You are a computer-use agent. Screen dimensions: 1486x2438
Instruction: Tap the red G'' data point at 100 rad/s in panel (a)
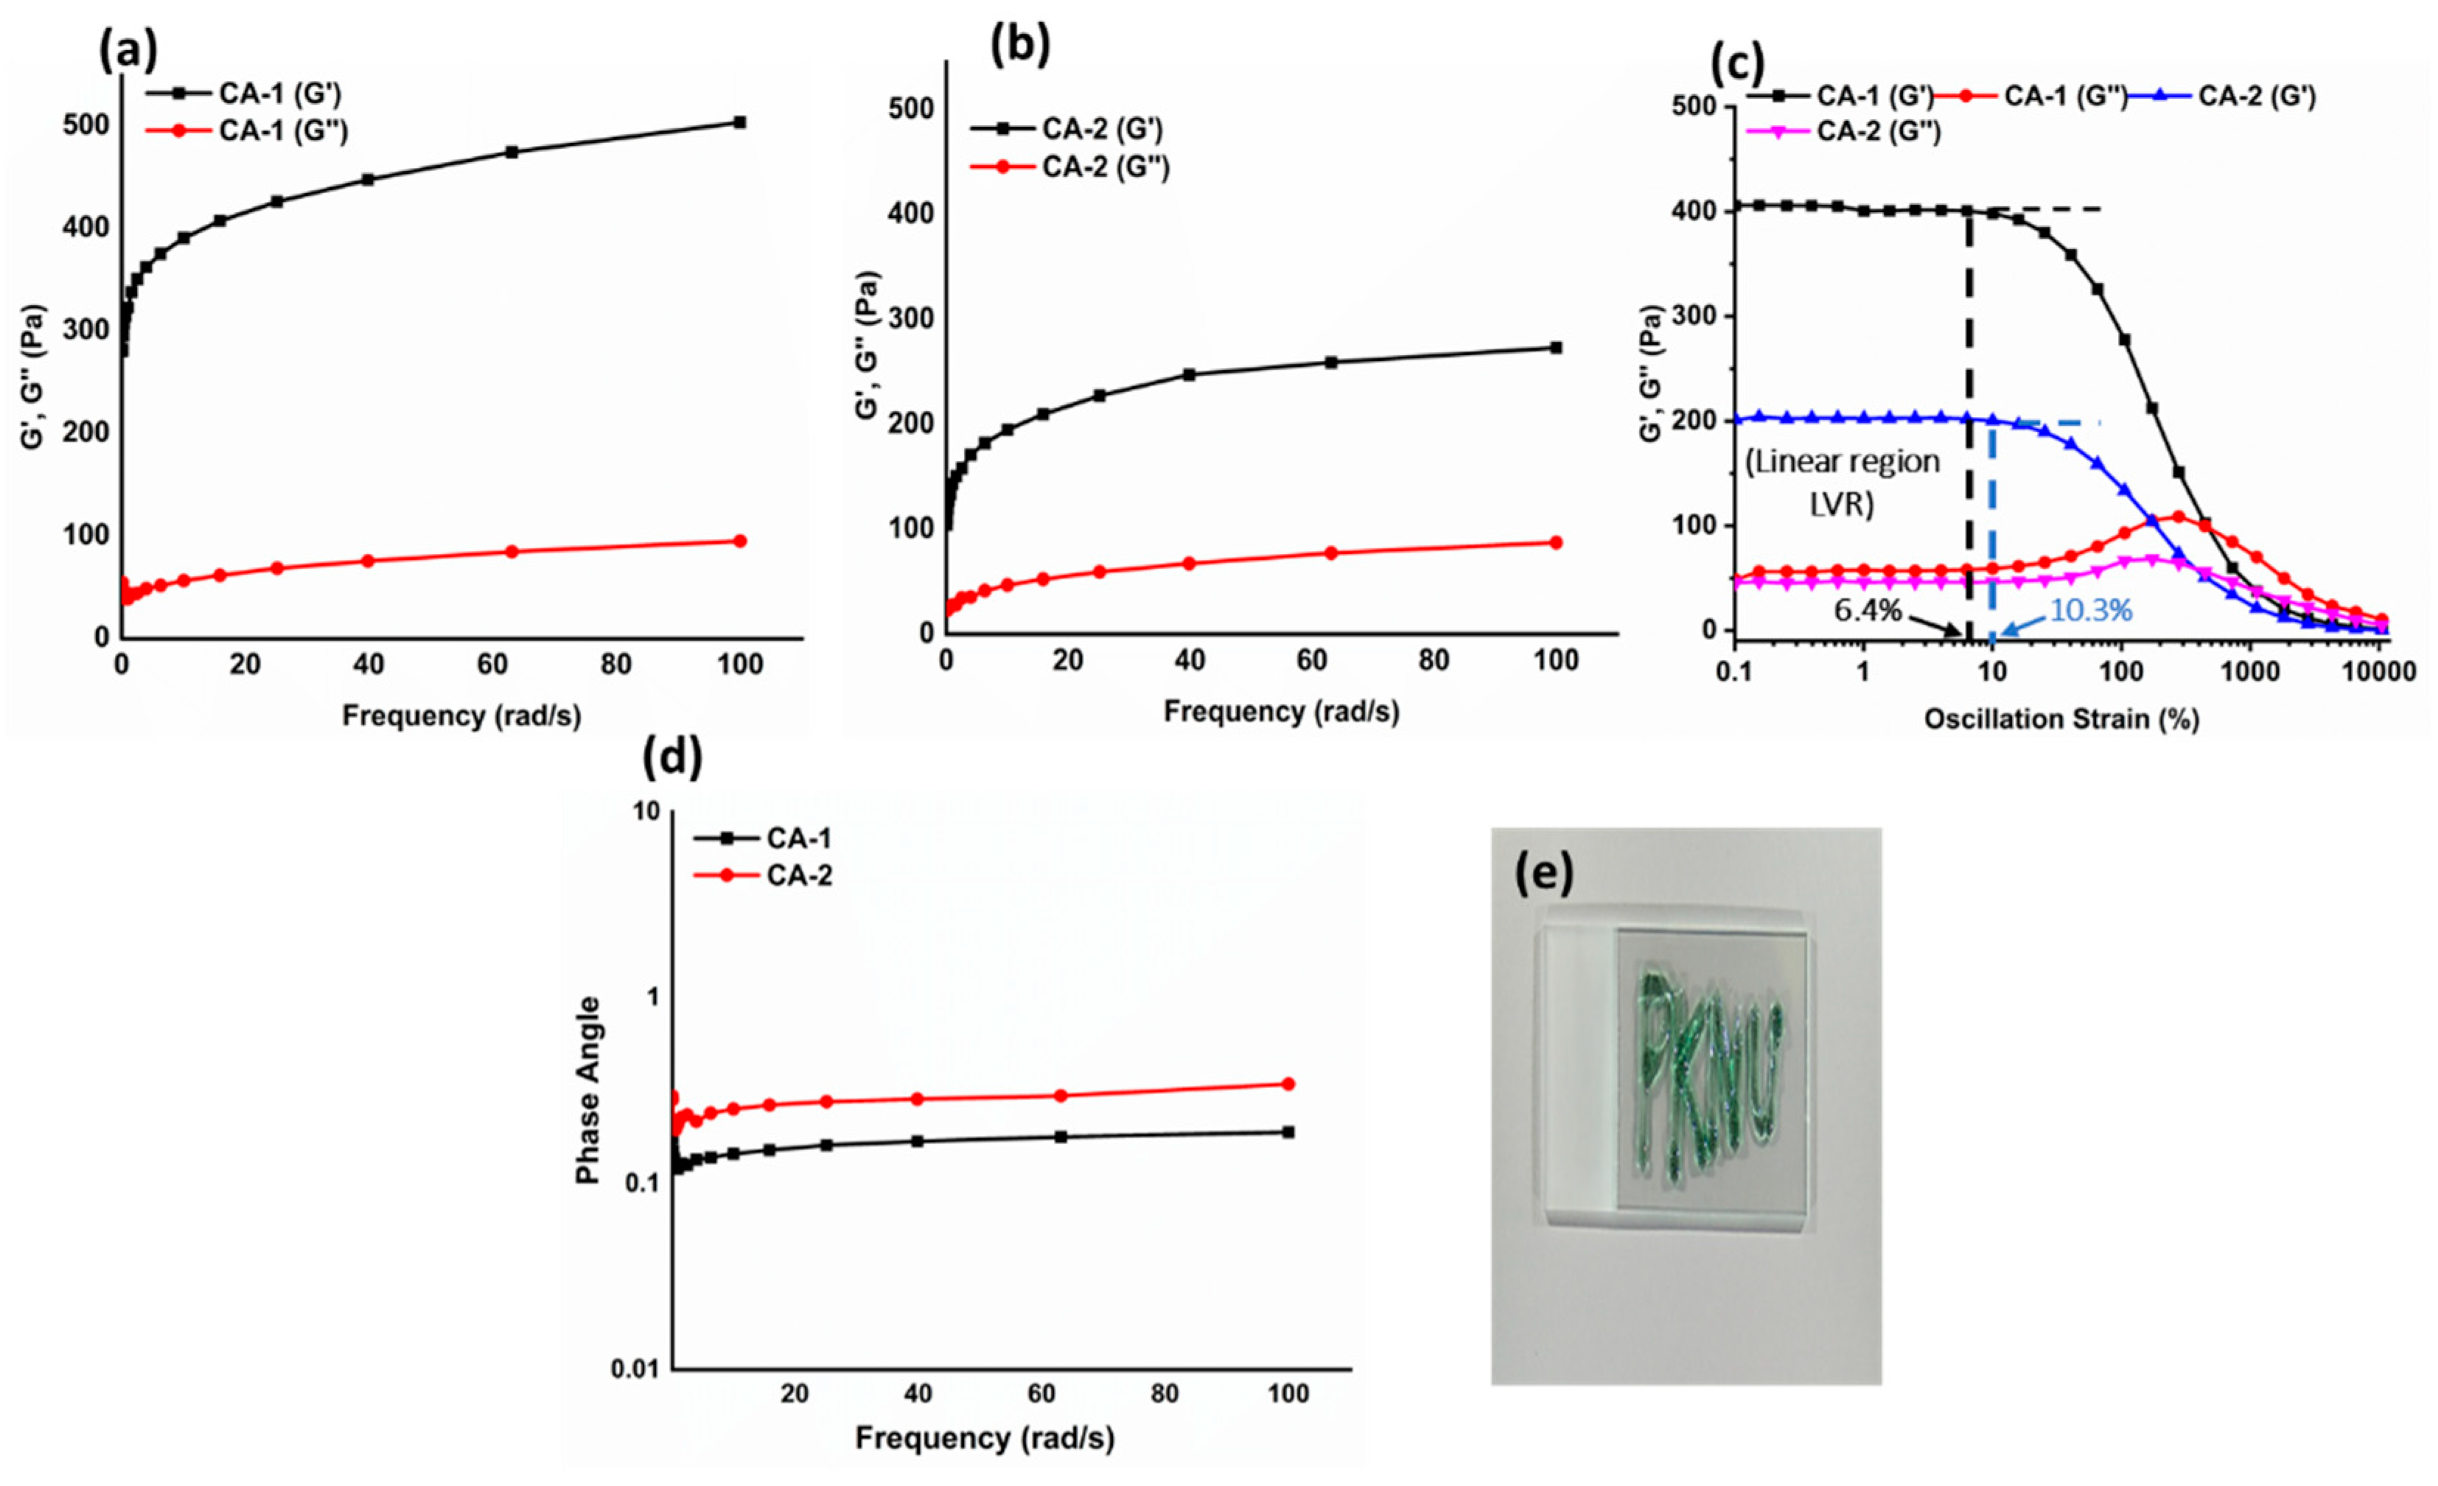coord(738,542)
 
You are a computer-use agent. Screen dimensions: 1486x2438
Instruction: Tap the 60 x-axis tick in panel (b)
coord(1311,661)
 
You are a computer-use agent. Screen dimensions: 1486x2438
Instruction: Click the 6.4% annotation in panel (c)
coord(1867,611)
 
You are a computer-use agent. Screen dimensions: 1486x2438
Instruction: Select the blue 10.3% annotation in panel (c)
coord(2089,611)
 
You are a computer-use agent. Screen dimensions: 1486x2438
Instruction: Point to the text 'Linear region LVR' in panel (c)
coord(1841,482)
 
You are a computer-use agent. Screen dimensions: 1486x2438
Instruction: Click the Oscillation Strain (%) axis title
coord(2061,719)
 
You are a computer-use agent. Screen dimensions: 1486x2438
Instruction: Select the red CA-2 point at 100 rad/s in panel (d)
coord(1288,1083)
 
